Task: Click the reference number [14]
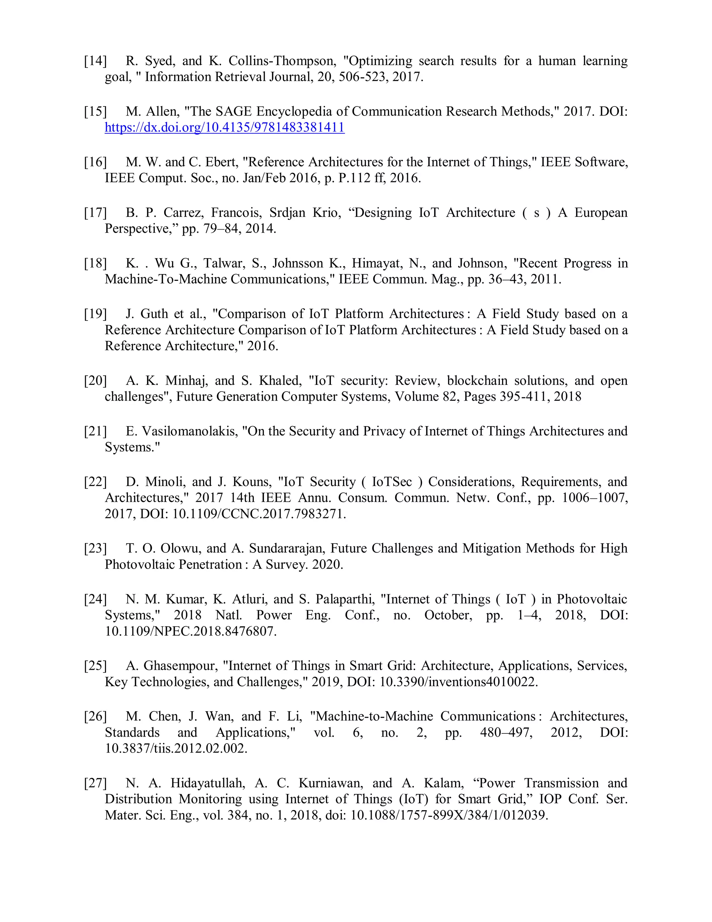(95, 61)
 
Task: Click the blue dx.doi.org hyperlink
(224, 127)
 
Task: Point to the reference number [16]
(95, 162)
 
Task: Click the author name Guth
(154, 314)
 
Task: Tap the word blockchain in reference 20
(477, 381)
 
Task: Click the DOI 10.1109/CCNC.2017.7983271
(259, 514)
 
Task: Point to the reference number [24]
(95, 599)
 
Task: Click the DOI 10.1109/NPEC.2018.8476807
(191, 631)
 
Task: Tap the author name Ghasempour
(180, 666)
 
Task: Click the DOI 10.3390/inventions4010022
(459, 682)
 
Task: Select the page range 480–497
(506, 732)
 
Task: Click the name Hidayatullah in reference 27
(208, 783)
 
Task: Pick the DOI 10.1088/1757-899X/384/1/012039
(449, 815)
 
